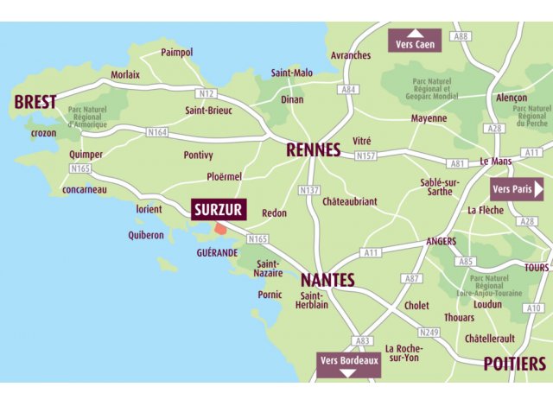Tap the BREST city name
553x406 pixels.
point(35,102)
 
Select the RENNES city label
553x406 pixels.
point(314,150)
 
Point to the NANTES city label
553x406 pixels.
point(327,281)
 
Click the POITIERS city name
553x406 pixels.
point(514,363)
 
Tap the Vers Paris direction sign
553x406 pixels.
point(517,188)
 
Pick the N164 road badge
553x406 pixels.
point(156,132)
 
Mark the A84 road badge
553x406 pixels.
point(348,89)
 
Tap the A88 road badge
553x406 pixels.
point(461,36)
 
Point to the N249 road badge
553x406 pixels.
point(429,332)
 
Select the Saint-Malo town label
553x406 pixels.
point(292,73)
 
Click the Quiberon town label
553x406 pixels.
point(146,235)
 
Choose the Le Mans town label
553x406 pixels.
point(496,162)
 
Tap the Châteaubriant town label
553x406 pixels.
point(349,201)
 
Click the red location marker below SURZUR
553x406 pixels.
point(221,229)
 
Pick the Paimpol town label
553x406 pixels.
point(177,53)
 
